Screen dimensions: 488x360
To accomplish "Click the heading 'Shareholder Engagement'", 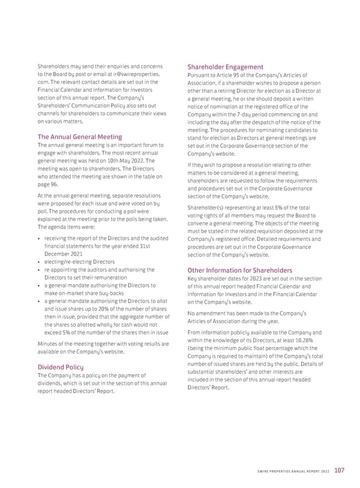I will (x=225, y=67).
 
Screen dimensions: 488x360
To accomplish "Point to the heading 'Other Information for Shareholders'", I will (x=240, y=270).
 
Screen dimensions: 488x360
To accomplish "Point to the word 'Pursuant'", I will (x=200, y=75).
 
